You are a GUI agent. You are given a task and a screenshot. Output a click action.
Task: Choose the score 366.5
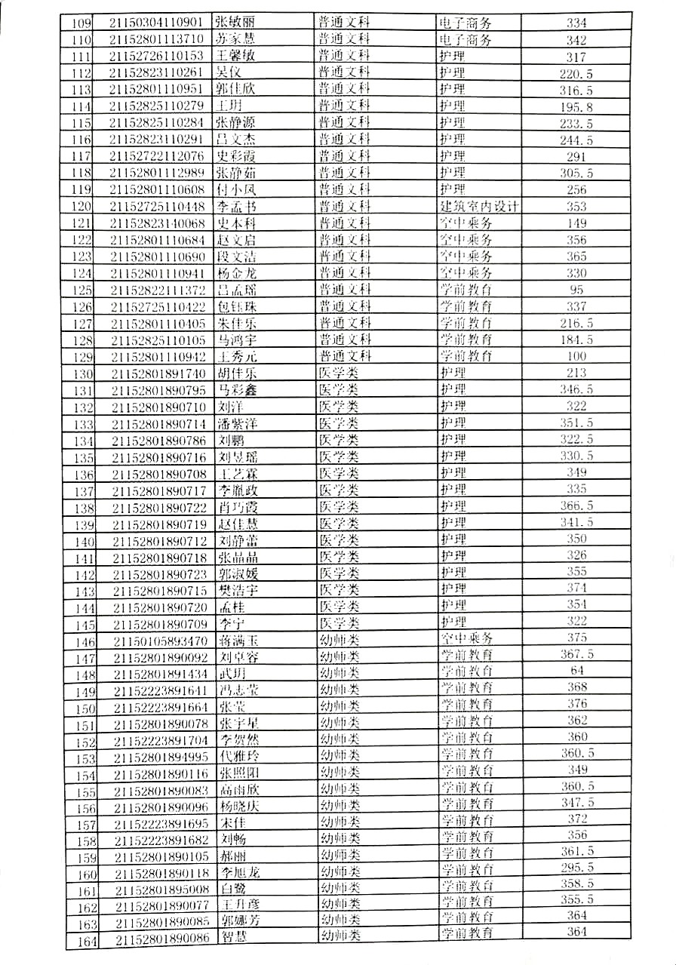tap(576, 506)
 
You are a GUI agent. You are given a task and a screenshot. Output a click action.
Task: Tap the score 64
tap(576, 671)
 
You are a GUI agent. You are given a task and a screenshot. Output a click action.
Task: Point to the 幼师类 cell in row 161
tap(340, 887)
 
